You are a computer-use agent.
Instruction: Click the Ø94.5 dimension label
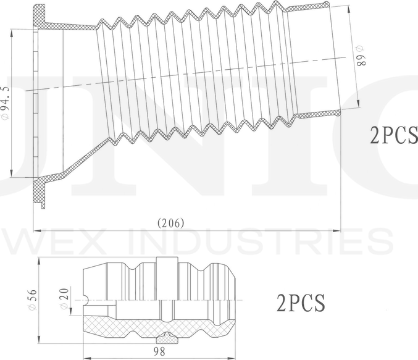pos(6,103)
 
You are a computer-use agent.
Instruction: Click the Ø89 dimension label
pos(361,56)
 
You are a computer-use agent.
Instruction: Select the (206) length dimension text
pos(170,223)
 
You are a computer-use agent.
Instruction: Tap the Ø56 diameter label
pos(32,299)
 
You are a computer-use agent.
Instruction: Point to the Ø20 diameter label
pos(64,298)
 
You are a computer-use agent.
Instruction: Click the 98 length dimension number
pos(159,351)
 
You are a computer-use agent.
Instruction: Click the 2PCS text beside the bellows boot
pos(393,135)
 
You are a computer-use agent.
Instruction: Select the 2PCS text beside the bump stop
pos(301,303)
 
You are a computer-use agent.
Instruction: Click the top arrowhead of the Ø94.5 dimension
pos(12,33)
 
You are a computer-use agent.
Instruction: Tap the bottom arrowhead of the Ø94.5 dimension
pos(12,173)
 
